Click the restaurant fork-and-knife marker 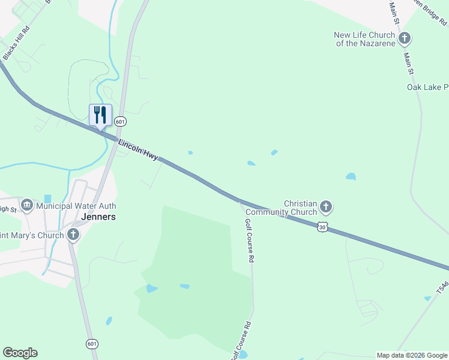tap(100, 115)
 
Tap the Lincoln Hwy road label tap(138, 151)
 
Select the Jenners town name tap(98, 217)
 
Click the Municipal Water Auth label tap(76, 206)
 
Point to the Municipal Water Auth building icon tap(27, 206)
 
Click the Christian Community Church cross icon tap(326, 208)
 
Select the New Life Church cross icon tap(405, 39)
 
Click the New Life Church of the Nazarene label tap(365, 39)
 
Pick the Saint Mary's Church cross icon tap(73, 235)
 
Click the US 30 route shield tap(323, 227)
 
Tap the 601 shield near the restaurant tap(121, 121)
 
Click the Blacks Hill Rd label tap(16, 43)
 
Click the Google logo tap(20, 353)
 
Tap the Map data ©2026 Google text tap(412, 355)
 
